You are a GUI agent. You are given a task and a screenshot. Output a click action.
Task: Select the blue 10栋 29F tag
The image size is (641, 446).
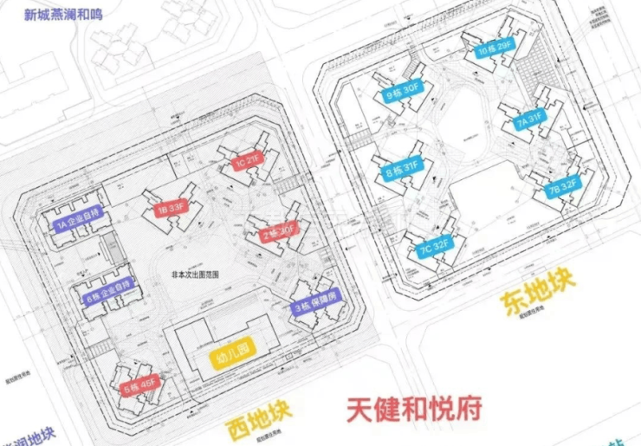coord(494,50)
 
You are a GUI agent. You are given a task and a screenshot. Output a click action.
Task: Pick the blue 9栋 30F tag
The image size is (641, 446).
coord(402,89)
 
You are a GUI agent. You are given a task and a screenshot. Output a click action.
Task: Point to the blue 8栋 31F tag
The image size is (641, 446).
coord(399,168)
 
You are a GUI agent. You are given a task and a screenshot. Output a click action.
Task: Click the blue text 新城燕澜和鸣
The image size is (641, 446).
coord(56,14)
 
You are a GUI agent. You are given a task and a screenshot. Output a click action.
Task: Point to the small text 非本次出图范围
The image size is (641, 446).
coord(196,274)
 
